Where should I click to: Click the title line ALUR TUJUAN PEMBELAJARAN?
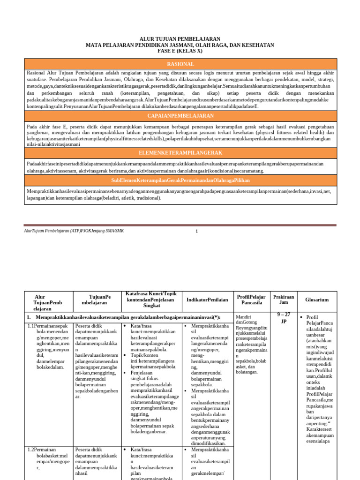point(180,39)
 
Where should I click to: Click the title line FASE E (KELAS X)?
point(180,51)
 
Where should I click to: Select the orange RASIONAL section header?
point(180,64)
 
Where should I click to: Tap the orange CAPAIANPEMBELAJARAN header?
point(180,115)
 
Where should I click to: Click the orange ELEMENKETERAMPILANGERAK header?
point(180,153)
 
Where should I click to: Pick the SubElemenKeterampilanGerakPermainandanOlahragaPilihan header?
point(180,180)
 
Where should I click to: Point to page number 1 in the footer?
point(197,231)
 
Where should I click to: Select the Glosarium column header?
point(317,300)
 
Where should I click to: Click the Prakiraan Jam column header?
point(284,300)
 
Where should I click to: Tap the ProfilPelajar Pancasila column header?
point(251,300)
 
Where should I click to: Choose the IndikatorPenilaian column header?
point(207,300)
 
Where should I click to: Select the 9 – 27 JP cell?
point(284,318)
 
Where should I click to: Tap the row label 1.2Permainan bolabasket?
point(47,457)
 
